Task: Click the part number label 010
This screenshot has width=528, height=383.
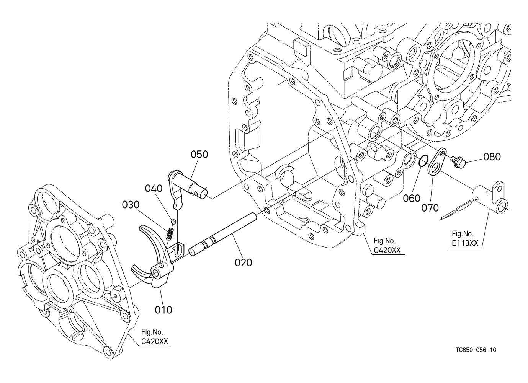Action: point(163,310)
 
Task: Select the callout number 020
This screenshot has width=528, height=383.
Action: point(244,262)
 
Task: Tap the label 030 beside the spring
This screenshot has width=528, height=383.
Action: point(131,205)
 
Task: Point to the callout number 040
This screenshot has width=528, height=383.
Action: point(154,188)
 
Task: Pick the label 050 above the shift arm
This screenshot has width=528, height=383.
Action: point(199,155)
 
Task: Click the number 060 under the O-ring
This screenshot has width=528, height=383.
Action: point(412,198)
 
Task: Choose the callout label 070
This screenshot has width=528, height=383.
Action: point(430,208)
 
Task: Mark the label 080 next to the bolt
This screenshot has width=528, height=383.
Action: point(492,157)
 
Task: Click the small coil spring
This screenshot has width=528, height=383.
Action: point(170,234)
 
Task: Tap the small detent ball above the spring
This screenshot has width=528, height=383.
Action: point(173,222)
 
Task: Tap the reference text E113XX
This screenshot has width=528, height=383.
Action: point(465,243)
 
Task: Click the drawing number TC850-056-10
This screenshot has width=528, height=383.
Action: point(476,357)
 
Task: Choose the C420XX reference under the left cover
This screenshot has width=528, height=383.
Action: point(155,341)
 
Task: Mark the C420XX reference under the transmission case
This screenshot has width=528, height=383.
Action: point(387,250)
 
